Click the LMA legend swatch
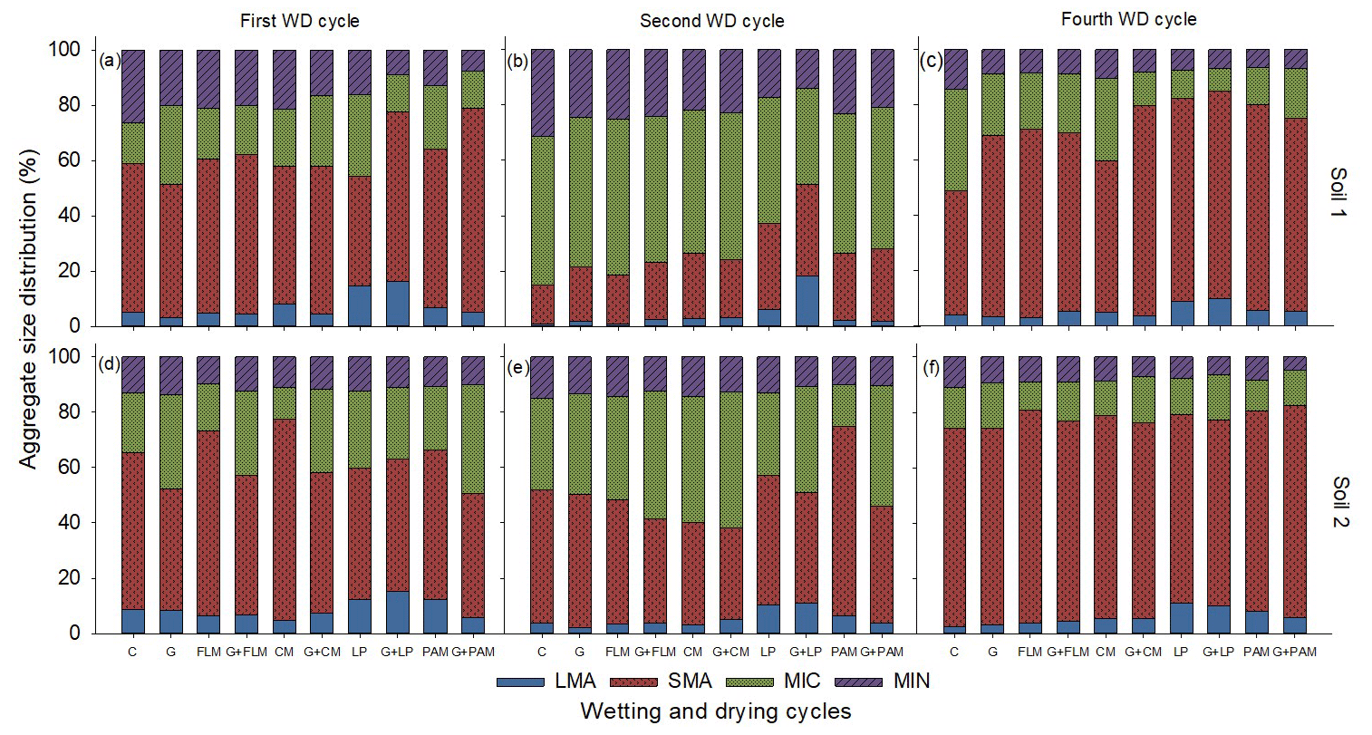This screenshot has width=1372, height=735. click(520, 681)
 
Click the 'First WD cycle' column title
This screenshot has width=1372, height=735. click(300, 20)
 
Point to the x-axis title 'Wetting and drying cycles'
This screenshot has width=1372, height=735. click(716, 711)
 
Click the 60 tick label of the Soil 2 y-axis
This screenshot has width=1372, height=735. click(72, 468)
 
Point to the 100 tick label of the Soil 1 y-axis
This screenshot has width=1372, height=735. click(66, 50)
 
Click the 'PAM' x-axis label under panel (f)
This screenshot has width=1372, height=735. click(1257, 652)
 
